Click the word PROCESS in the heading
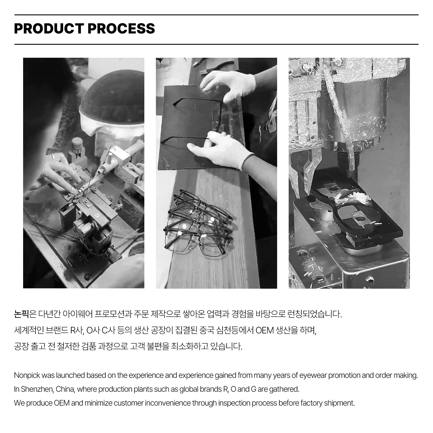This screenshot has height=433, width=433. pos(121,28)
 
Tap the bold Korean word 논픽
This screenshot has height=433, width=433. pos(21,314)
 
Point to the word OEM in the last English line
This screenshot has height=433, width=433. pos(62,403)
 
